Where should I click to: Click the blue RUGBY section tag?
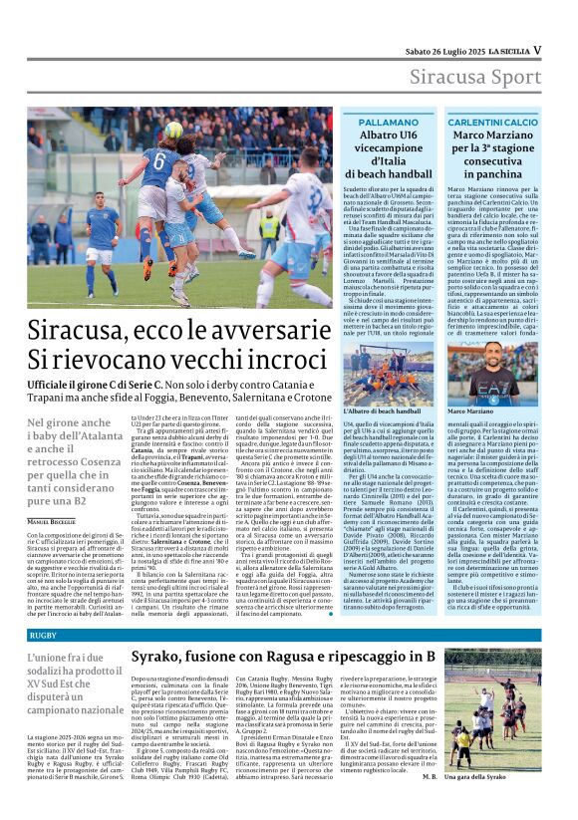pos(43,635)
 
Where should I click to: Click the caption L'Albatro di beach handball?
pos(382,410)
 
